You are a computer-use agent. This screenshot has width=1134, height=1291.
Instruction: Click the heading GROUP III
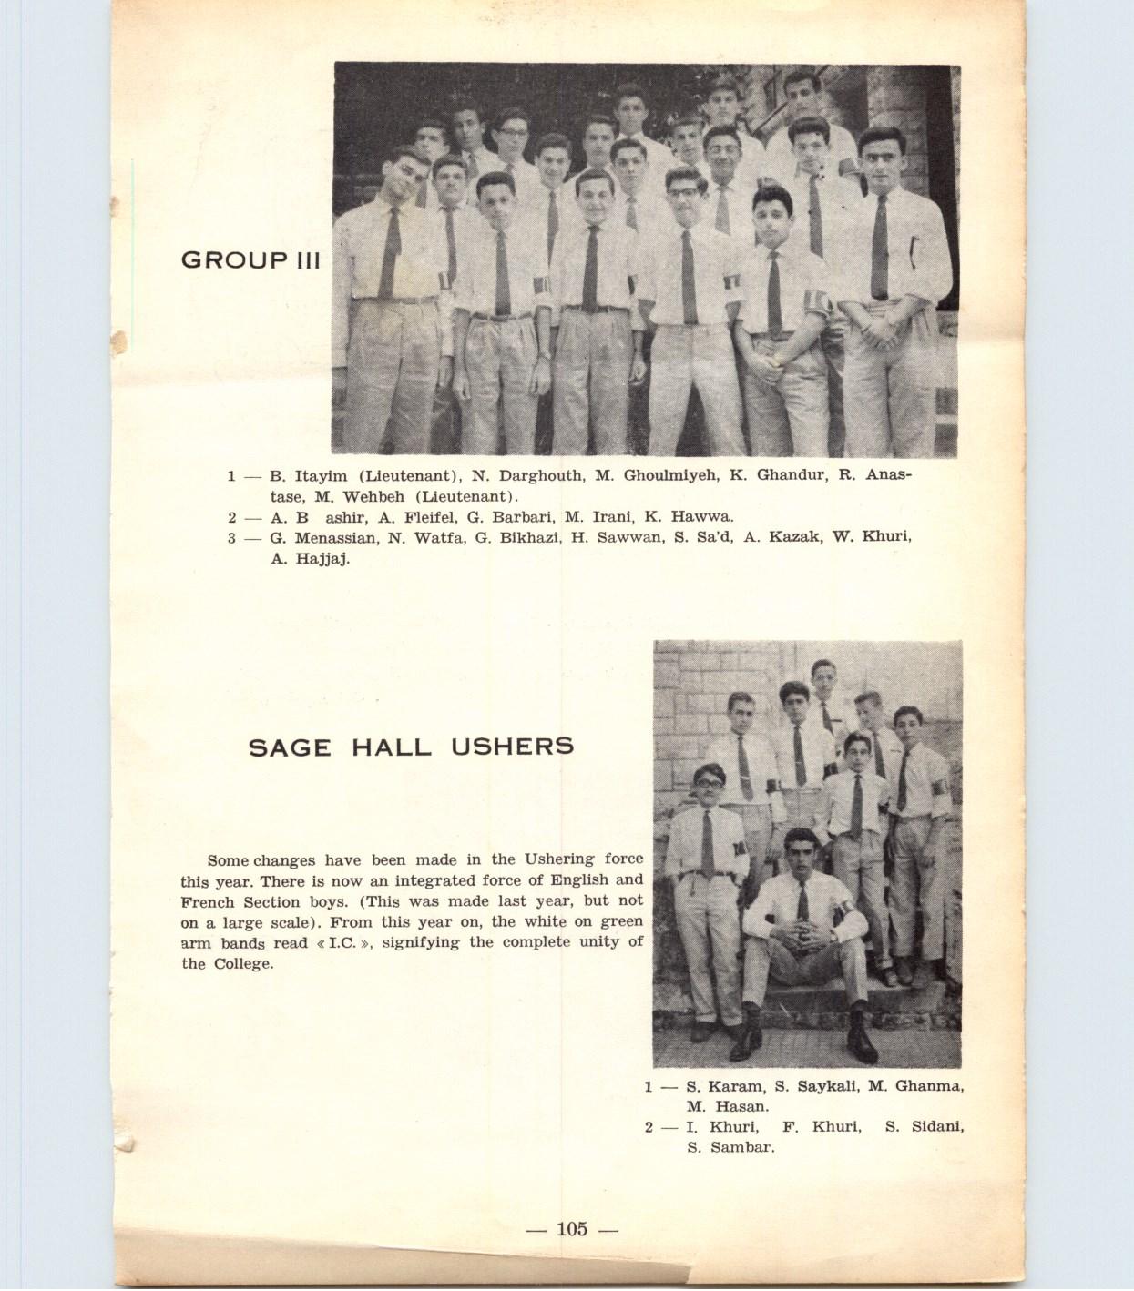pos(250,259)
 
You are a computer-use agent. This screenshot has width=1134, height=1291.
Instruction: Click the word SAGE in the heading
pos(290,747)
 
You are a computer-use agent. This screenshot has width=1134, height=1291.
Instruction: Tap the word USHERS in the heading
pos(512,747)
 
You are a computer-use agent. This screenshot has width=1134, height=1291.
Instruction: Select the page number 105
pos(572,1229)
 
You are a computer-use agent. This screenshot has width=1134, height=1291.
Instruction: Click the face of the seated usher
pos(799,854)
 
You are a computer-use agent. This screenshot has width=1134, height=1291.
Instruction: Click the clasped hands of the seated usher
pos(804,935)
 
